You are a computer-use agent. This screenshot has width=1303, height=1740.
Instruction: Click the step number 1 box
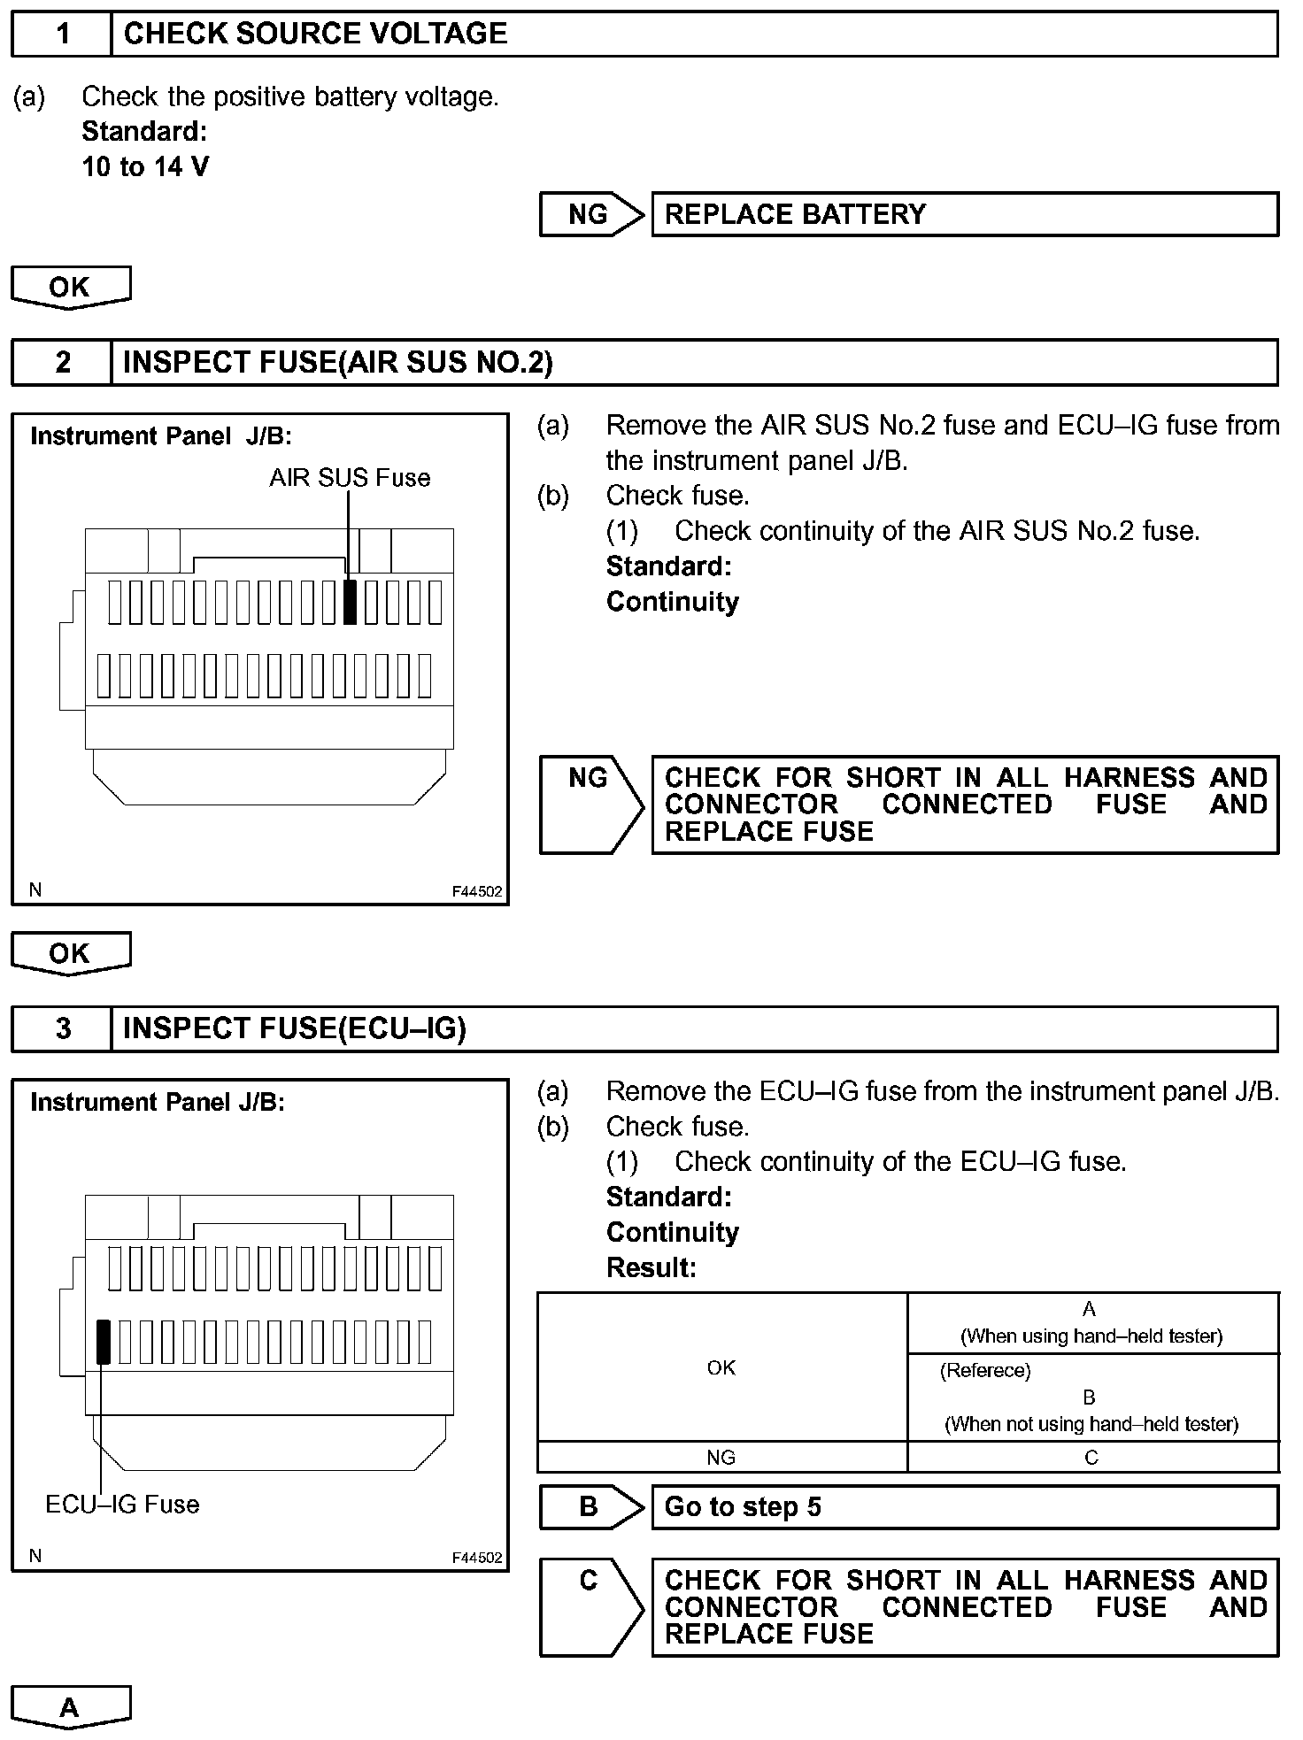[62, 35]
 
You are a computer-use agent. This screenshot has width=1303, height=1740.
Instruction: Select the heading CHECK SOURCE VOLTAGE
[315, 35]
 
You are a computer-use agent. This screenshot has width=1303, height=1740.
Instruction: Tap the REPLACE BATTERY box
[964, 214]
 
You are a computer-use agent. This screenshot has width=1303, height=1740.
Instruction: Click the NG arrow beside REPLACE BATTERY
[590, 214]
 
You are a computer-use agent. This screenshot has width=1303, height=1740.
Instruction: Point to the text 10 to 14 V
[145, 166]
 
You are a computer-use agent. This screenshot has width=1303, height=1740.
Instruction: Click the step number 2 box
[62, 363]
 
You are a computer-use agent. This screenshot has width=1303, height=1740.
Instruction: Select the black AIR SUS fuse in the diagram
[350, 602]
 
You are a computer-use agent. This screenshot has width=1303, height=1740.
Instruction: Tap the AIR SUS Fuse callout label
[350, 478]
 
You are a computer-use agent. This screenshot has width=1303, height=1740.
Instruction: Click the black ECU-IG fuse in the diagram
[104, 1342]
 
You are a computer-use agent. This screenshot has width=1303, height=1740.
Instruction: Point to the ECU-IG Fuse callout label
[122, 1505]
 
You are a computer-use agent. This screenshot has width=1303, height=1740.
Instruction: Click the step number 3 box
[62, 1028]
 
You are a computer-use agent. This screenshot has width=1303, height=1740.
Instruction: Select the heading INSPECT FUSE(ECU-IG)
[294, 1028]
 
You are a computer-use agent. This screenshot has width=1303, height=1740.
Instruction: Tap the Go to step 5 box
[964, 1507]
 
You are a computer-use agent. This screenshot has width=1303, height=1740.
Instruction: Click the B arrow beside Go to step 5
[590, 1507]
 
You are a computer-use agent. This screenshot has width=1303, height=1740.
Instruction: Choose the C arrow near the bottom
[590, 1606]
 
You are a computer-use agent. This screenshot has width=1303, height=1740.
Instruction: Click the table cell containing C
[1092, 1458]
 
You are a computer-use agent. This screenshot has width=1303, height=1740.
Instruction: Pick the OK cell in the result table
[721, 1367]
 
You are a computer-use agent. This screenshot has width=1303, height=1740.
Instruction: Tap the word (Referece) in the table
[985, 1371]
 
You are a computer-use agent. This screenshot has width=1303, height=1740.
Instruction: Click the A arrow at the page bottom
[70, 1707]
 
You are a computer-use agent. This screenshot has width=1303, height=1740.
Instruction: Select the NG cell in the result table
[721, 1458]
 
